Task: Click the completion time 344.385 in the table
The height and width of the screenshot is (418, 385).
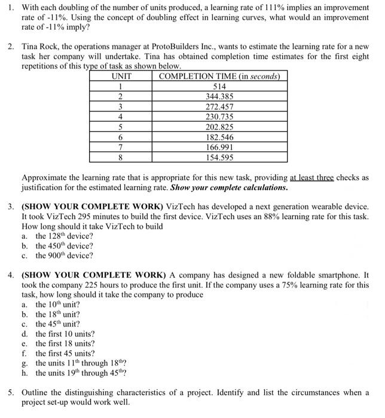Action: pyautogui.click(x=219, y=96)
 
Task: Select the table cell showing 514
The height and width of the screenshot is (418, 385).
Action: pyautogui.click(x=219, y=86)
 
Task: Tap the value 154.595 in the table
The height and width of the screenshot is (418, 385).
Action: pyautogui.click(x=219, y=157)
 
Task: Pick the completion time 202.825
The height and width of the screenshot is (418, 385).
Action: pyautogui.click(x=219, y=127)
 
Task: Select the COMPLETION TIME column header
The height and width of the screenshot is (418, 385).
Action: pyautogui.click(x=219, y=76)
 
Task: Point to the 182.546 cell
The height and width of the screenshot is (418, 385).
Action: pyautogui.click(x=219, y=137)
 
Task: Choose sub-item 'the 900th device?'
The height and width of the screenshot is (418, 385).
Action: pyautogui.click(x=64, y=256)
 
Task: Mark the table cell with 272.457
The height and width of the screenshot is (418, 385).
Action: pyautogui.click(x=219, y=106)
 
